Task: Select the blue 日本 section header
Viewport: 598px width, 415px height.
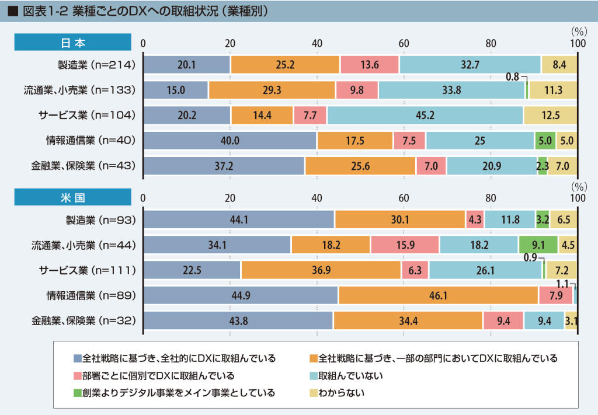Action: [72, 43]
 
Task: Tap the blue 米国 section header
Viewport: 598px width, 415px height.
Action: [72, 197]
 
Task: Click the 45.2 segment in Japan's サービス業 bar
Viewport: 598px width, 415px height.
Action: [425, 116]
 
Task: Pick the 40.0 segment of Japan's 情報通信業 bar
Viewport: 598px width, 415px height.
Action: [230, 141]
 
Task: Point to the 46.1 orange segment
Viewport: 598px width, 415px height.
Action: [438, 296]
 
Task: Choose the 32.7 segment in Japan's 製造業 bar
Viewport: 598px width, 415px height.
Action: [470, 65]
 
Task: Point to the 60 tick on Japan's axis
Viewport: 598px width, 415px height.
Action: [404, 43]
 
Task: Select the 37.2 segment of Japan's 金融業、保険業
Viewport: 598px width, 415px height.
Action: [224, 166]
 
